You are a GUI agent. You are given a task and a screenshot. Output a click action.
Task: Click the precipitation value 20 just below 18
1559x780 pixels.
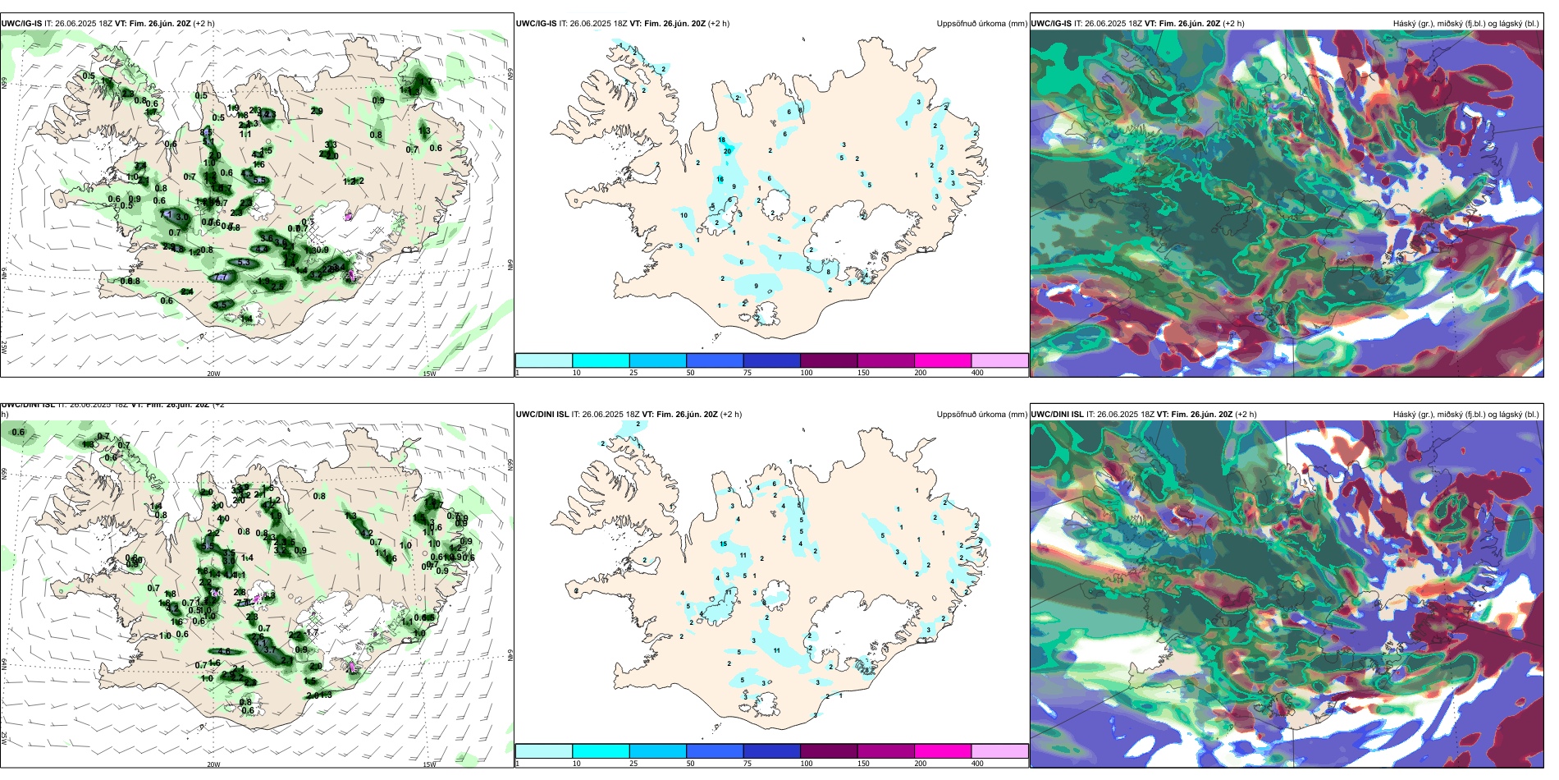pos(727,151)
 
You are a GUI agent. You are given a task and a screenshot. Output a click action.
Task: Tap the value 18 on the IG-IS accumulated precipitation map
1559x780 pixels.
pos(722,140)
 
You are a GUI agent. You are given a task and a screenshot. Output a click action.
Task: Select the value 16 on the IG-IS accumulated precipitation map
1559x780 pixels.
pos(720,179)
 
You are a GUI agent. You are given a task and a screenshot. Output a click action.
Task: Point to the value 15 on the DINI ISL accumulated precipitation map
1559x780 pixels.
pos(723,544)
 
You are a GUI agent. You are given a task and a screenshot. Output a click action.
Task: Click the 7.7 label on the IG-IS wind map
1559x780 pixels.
pos(222,278)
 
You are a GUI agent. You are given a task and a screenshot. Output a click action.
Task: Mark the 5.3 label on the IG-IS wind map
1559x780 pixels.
pos(244,263)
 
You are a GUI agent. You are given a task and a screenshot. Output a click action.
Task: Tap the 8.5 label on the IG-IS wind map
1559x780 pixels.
pos(205,132)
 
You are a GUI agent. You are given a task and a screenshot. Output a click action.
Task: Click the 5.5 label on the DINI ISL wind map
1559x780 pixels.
pos(208,546)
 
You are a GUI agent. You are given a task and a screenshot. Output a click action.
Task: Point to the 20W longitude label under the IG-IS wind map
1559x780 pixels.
pos(213,374)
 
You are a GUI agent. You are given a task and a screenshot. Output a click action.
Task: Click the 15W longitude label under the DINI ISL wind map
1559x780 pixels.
pos(429,764)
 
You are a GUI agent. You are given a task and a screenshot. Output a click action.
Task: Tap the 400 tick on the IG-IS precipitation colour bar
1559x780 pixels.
pos(977,373)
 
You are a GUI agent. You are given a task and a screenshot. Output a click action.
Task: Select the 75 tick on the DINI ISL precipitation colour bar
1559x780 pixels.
pos(747,764)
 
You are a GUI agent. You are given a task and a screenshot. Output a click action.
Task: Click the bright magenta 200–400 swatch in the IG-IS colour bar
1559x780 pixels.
pos(943,360)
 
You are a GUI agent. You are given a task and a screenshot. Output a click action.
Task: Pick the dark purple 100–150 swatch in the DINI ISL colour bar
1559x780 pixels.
pos(829,751)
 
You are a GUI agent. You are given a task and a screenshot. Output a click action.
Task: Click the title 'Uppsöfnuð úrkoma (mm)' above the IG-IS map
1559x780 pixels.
pos(981,24)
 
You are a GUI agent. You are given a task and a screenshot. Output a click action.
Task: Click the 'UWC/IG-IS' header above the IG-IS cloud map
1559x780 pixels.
pos(1051,24)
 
